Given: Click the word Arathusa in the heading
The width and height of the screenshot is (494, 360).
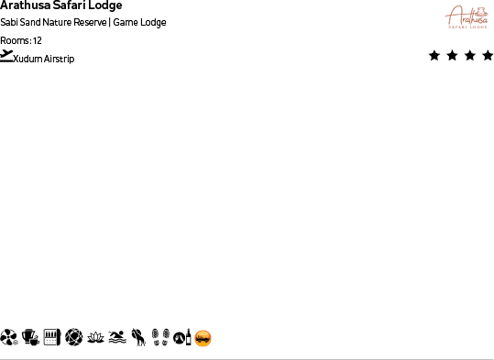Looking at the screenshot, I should tap(24, 5).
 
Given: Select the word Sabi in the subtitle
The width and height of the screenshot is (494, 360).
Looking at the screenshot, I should tap(8, 23).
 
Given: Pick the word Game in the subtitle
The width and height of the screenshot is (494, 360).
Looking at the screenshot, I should tap(125, 23).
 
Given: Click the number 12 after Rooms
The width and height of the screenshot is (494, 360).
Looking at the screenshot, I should tap(38, 40).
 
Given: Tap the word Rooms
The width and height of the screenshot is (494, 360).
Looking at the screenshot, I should tap(15, 40).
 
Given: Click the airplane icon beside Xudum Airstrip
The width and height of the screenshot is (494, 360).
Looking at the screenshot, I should tap(7, 57).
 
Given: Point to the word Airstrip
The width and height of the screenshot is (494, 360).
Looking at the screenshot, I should tap(59, 60).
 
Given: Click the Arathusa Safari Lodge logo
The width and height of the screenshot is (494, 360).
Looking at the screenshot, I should tap(467, 17).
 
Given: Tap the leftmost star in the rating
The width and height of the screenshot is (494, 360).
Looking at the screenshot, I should tap(434, 56).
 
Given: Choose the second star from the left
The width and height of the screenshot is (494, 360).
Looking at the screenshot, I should tap(452, 56).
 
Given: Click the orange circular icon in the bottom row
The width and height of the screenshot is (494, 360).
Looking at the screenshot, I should tap(203, 338).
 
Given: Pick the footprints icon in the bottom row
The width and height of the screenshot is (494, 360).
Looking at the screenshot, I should tap(159, 338).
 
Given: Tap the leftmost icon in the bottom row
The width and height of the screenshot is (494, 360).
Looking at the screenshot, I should tap(9, 338).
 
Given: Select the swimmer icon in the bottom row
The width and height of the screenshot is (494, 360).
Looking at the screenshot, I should tap(116, 338).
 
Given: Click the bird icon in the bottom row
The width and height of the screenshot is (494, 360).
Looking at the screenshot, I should tap(138, 338).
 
